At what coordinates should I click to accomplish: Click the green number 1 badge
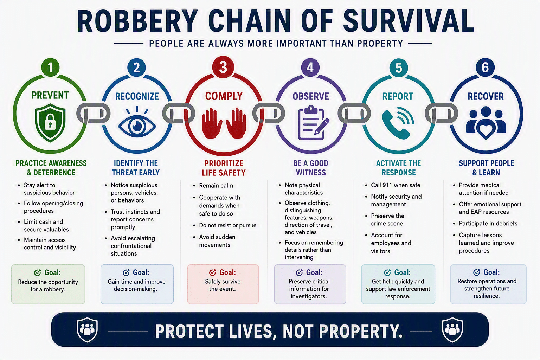50,67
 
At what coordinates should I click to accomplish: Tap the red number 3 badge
223,67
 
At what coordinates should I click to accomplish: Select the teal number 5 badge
399,67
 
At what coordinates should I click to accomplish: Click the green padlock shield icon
50,122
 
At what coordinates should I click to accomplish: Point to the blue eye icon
137,122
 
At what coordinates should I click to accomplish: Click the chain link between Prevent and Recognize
93,113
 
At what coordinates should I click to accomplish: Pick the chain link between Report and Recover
441,113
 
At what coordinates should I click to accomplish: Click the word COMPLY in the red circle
224,96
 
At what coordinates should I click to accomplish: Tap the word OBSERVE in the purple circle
311,96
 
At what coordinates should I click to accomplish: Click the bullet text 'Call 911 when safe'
396,185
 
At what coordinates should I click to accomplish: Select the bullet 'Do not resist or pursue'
227,225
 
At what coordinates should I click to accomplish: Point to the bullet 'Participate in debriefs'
488,223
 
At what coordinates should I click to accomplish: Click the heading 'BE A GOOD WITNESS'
311,168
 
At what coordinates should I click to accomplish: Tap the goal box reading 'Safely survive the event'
223,284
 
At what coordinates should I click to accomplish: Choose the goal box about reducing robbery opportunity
48,284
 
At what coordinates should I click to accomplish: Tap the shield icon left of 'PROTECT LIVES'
87,330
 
